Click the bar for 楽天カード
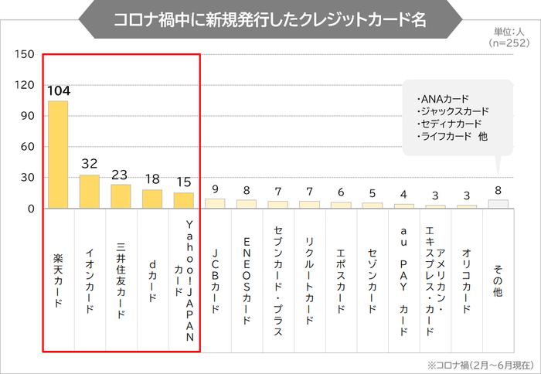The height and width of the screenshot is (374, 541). tap(59, 155)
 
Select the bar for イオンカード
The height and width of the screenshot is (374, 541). tap(90, 192)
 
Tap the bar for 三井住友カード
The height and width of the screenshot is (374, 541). tap(121, 196)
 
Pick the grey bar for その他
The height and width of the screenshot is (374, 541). tap(498, 204)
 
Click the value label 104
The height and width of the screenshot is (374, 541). tap(59, 91)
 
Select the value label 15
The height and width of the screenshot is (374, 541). tap(184, 182)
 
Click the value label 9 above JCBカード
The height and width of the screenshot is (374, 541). tap(215, 189)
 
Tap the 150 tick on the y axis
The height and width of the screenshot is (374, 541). tap(25, 54)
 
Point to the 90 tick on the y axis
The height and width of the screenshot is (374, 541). tap(28, 116)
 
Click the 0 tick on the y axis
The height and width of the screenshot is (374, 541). tap(32, 209)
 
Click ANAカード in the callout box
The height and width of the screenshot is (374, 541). tap(444, 99)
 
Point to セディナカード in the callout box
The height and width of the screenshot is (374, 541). tap(449, 124)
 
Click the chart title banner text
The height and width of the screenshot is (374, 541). tap(270, 19)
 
